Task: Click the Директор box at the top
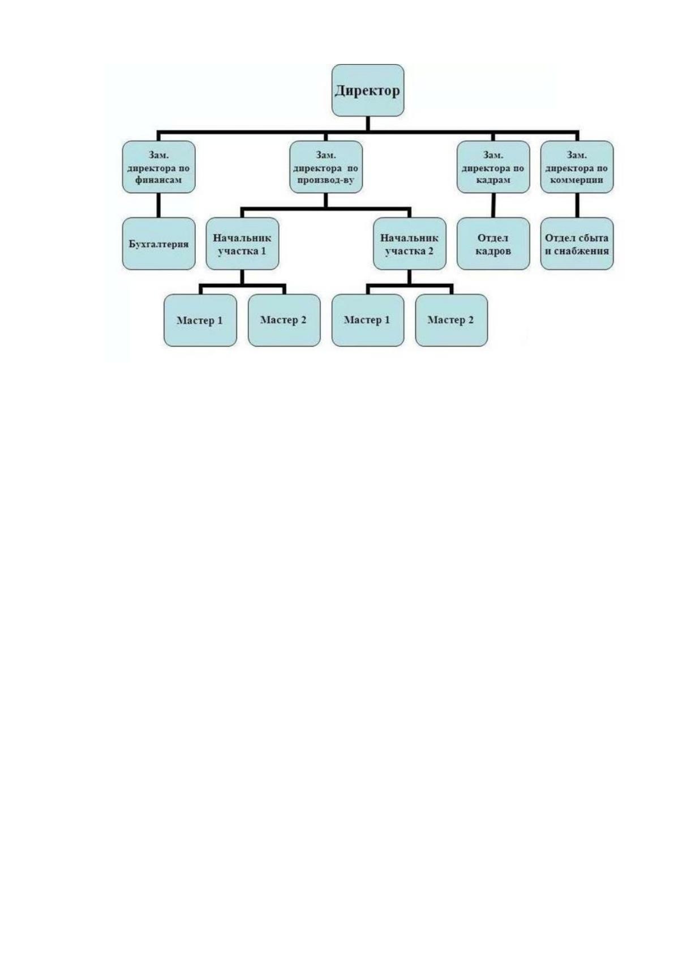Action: tap(368, 90)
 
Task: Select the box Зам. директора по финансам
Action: tap(158, 167)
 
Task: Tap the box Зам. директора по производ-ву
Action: tap(326, 167)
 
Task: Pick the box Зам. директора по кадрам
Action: tap(493, 167)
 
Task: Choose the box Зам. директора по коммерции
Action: tap(577, 167)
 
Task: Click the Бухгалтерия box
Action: tap(158, 244)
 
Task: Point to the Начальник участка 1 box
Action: tap(243, 244)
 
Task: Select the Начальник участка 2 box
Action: tap(410, 244)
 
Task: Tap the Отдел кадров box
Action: tap(493, 244)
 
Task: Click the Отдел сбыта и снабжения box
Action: tap(577, 244)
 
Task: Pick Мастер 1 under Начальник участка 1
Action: tap(200, 320)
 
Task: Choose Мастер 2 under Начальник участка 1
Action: tap(284, 320)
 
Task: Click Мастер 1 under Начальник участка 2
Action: tap(368, 320)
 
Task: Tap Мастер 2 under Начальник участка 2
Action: tap(452, 320)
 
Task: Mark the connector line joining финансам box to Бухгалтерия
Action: tap(158, 205)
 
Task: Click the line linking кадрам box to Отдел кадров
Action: tap(493, 205)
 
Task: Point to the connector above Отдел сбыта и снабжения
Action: tap(577, 205)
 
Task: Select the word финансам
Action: tap(158, 180)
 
